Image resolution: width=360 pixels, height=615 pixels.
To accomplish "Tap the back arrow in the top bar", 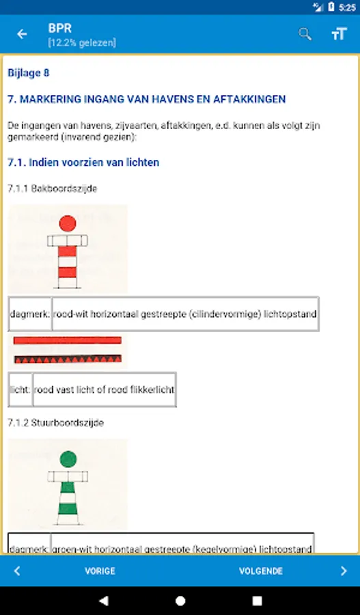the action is [x=23, y=34].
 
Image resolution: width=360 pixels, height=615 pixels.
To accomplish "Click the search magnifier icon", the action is [x=305, y=34].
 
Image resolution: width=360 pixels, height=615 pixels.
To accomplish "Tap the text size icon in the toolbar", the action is [x=339, y=34].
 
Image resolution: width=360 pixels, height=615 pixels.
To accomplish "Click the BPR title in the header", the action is [x=60, y=28].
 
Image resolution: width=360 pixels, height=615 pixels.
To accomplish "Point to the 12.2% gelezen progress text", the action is [x=81, y=42].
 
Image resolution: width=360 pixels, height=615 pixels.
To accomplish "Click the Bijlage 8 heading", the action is [x=28, y=72].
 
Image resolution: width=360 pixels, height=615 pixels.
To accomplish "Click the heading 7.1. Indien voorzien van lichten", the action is [x=83, y=163].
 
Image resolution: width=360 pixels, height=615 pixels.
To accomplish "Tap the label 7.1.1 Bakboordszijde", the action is [x=52, y=189].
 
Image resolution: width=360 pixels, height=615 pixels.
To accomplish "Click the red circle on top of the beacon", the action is [x=68, y=223].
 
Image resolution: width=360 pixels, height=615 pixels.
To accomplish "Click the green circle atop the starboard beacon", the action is [x=68, y=459].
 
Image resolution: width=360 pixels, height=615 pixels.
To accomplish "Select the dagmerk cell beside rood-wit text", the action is [x=29, y=314].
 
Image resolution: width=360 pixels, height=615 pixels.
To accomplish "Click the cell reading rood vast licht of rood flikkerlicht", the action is [x=104, y=389].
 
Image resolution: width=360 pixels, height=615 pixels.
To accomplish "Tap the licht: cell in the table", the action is [x=20, y=389].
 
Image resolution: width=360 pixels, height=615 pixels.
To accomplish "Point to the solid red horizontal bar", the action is [x=67, y=340].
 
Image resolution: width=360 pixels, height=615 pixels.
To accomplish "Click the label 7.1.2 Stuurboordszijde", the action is [x=55, y=423].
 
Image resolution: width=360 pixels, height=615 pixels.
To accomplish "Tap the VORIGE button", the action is [x=100, y=571].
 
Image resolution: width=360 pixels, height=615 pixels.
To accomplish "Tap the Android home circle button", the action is [x=180, y=601].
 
